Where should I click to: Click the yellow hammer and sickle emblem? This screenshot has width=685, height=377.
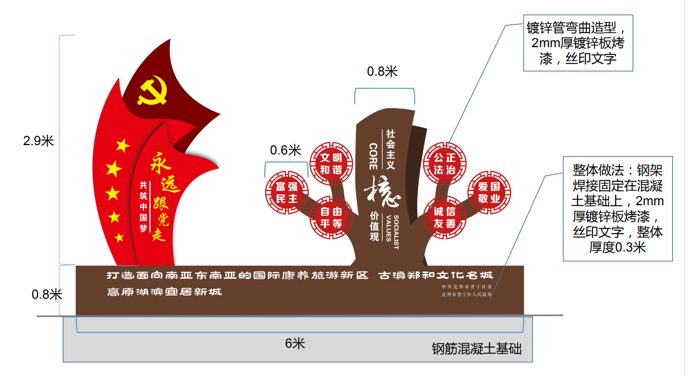coord(152,91)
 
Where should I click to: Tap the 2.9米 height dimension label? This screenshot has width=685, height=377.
coord(39,141)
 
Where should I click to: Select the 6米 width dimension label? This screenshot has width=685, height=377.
coord(295,343)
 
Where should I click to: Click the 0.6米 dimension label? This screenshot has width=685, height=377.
coord(286,150)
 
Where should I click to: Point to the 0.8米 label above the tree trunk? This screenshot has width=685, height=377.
coord(382,72)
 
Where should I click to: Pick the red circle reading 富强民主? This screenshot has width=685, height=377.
coord(287,192)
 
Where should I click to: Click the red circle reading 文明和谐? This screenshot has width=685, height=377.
coord(331,164)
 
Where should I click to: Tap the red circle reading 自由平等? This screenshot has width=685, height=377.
coord(331,218)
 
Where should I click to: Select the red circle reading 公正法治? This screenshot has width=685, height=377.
coord(445,164)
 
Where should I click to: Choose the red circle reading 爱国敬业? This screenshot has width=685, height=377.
coord(489,192)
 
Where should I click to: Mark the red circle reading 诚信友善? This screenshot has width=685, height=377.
coord(445,218)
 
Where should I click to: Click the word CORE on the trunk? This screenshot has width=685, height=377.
coord(373,156)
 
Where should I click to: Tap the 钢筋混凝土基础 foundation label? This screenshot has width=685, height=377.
coord(476,349)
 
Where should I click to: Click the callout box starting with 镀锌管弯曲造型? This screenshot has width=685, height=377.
coord(578,43)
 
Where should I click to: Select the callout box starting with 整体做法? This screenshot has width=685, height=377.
coord(617,208)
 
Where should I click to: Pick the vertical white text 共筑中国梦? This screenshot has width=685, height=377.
coord(143,207)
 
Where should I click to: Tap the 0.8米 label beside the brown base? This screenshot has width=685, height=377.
coord(47,295)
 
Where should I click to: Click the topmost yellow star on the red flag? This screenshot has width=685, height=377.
coord(122,146)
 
